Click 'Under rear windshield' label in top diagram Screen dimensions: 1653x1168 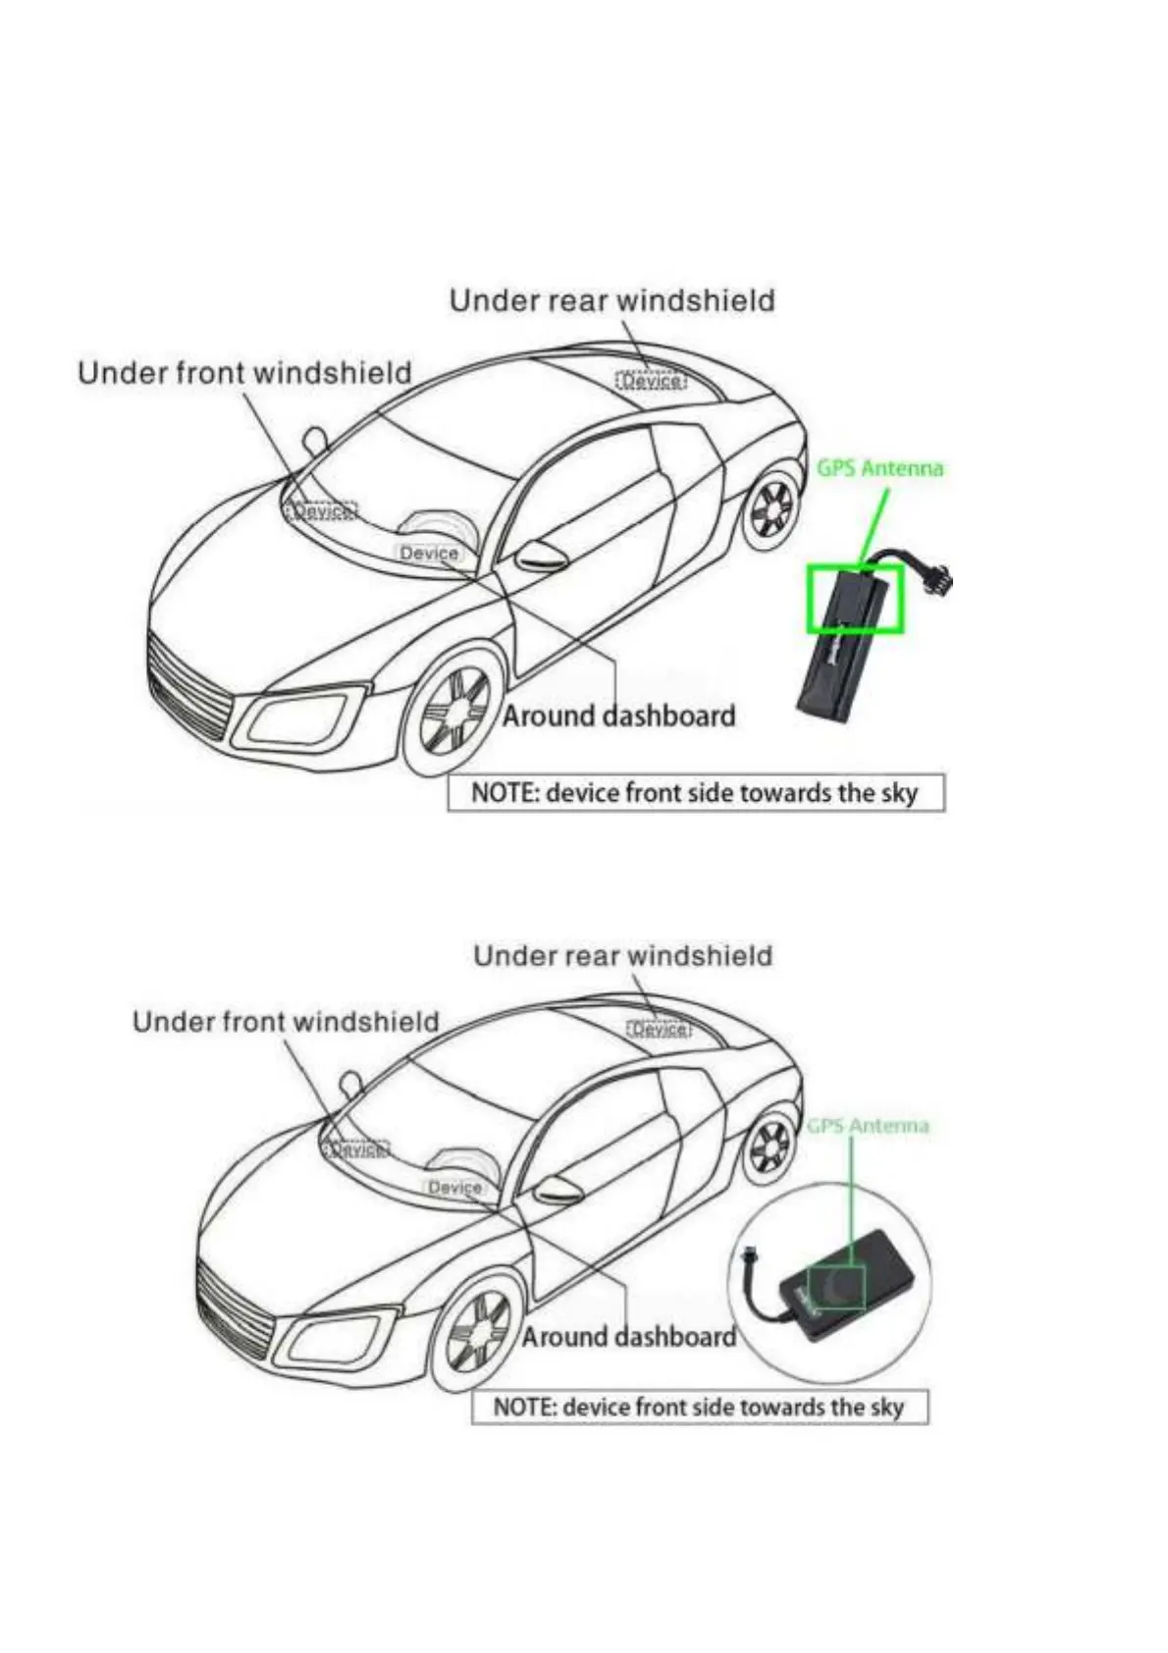tap(611, 300)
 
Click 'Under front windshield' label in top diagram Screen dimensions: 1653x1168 tap(244, 373)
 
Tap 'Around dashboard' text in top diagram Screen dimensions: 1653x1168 tap(618, 716)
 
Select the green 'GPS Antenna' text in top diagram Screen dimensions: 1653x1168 tap(879, 468)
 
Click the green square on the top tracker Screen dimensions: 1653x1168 tap(854, 599)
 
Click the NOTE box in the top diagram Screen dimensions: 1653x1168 tap(695, 793)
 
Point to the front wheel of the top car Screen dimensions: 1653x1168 tap(454, 710)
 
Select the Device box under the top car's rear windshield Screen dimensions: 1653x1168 tap(651, 381)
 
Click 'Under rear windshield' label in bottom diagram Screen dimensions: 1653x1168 tap(622, 956)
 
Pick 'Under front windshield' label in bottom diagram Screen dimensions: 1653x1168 tap(286, 1022)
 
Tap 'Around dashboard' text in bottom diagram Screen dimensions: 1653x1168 tap(628, 1337)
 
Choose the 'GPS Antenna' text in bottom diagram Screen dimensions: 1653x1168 tap(868, 1126)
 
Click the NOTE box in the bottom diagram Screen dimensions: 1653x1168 tap(699, 1408)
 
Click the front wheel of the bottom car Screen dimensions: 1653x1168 tap(479, 1331)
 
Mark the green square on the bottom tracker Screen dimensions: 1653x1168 tap(836, 1286)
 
